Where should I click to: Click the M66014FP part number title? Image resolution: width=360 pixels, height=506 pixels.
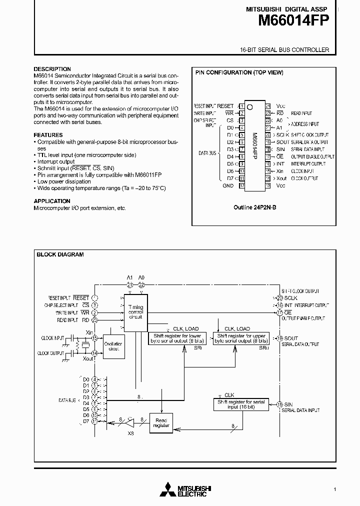(294, 20)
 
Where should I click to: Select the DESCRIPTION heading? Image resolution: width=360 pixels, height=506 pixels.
(52, 69)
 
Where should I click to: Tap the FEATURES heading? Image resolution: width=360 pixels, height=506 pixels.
(48, 135)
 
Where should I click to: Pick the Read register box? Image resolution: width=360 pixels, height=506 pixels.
(162, 423)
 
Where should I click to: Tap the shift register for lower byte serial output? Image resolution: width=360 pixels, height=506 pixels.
(174, 338)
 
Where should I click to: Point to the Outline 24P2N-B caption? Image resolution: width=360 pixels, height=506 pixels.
(255, 207)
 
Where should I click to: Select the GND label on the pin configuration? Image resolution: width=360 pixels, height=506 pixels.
(228, 185)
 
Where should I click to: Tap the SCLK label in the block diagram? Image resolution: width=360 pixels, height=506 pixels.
(291, 298)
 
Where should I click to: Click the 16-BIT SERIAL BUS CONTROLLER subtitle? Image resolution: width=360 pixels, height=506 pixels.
(284, 50)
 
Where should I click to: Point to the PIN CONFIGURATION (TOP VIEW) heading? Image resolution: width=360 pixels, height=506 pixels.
(239, 72)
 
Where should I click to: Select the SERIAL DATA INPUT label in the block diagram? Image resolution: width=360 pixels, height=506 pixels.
(300, 410)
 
